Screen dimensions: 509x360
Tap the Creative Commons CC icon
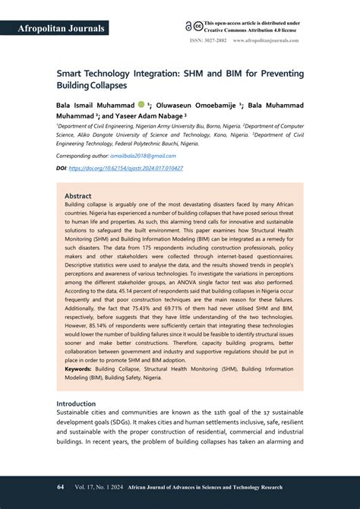click(x=198, y=25)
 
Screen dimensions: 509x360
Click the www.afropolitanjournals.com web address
click(x=266, y=40)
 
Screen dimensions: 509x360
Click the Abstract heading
click(x=78, y=195)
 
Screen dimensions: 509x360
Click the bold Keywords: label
click(x=78, y=368)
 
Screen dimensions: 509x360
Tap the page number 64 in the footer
click(x=60, y=486)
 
